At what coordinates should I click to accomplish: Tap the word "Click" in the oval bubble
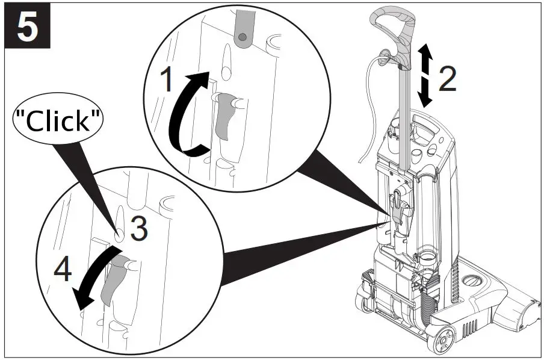point(59,121)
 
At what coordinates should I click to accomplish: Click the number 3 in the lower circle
point(138,229)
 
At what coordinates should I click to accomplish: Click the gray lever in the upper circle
point(226,114)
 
